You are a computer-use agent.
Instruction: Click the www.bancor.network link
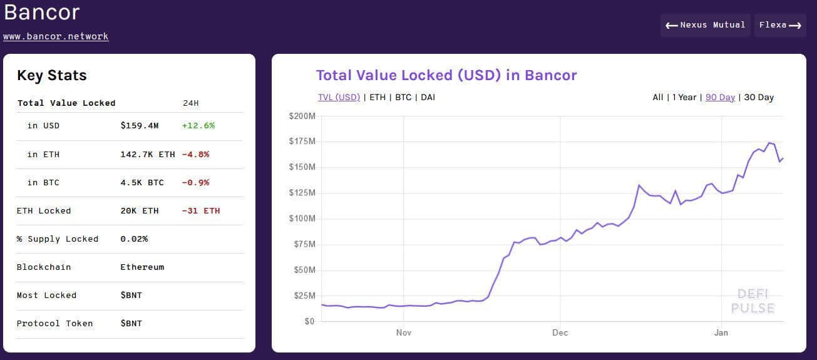(56, 36)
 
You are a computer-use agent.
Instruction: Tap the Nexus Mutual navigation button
(706, 25)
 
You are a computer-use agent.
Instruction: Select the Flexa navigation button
(780, 25)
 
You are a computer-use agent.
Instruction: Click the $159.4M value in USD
(140, 125)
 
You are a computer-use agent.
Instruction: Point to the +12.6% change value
(198, 125)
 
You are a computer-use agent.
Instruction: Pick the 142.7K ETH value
(148, 154)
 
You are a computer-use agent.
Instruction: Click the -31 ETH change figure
(201, 210)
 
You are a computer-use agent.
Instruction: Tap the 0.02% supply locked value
(134, 239)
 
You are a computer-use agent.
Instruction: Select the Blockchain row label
(44, 267)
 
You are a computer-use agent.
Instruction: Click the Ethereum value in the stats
(142, 267)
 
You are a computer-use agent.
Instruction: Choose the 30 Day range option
(759, 97)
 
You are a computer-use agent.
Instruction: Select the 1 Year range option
(684, 97)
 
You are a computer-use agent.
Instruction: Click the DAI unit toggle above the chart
(428, 97)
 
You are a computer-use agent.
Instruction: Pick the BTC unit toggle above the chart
(403, 97)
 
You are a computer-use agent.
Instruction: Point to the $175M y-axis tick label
(302, 141)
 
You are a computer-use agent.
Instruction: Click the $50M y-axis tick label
(303, 270)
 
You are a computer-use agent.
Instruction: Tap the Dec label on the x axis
(560, 332)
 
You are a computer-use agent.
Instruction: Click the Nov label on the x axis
(404, 332)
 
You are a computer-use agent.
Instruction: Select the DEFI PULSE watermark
(753, 301)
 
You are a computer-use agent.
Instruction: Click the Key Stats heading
(52, 75)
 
